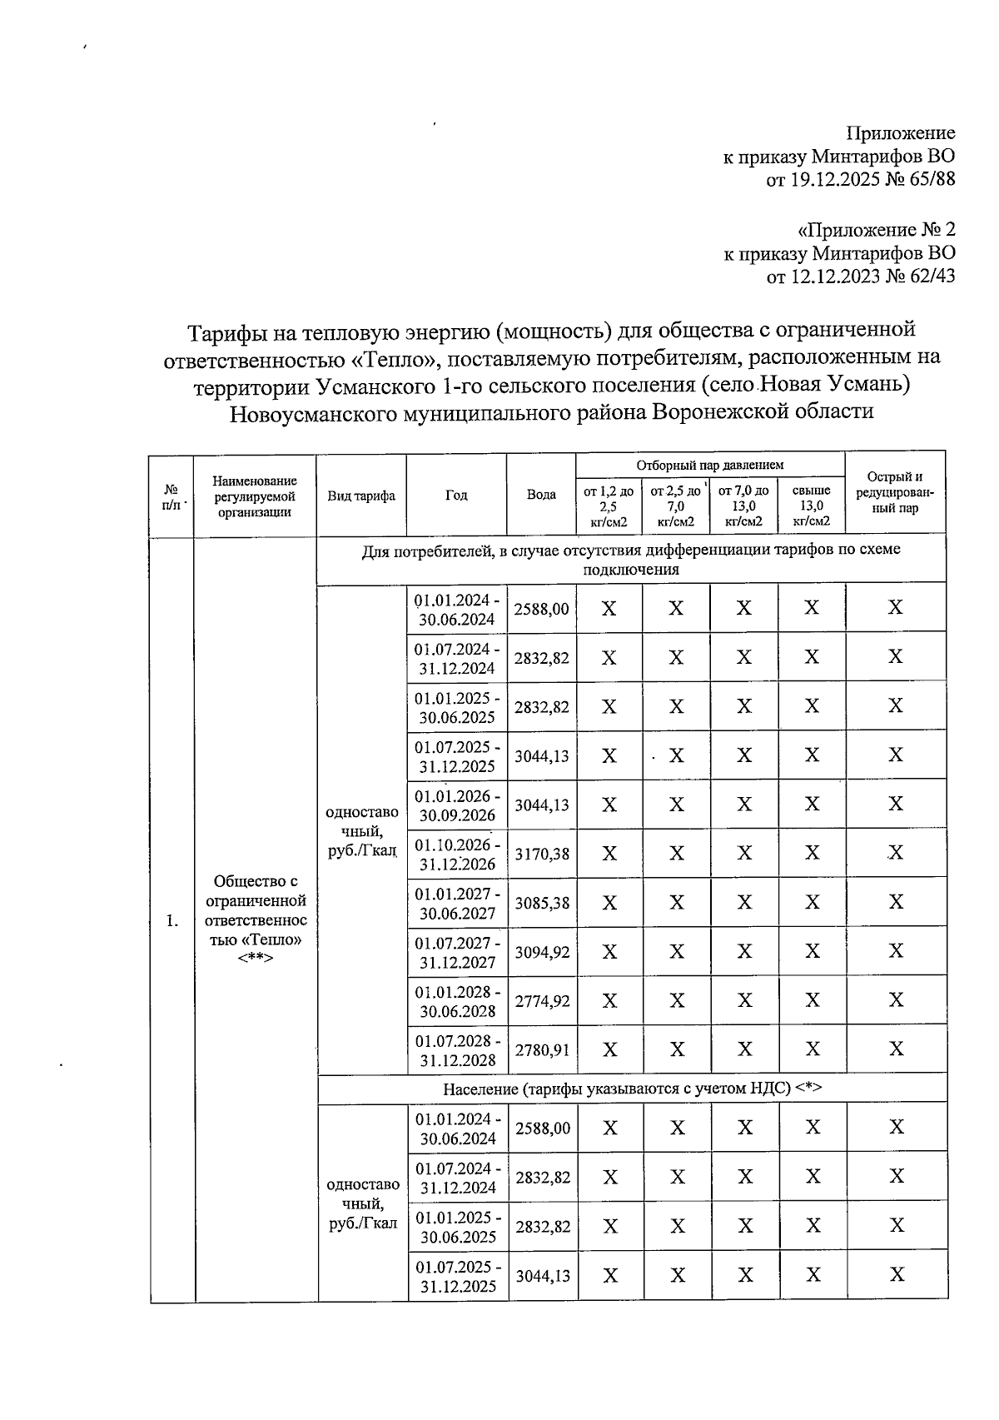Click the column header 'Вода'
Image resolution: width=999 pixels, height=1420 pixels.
click(541, 495)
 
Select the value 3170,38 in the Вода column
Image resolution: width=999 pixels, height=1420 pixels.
click(541, 854)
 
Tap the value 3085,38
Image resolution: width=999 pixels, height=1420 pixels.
click(541, 902)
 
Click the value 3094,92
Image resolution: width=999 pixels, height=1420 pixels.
click(541, 951)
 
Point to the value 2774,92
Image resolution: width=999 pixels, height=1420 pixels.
click(541, 1000)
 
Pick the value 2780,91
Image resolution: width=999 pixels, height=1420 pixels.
click(541, 1049)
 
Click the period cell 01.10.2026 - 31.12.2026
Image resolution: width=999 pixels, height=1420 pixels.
click(457, 854)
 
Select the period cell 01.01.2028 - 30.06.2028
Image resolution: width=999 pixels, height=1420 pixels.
click(457, 1000)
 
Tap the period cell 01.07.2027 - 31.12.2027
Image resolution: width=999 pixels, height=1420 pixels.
click(457, 951)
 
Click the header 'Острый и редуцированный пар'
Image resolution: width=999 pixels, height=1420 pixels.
click(895, 492)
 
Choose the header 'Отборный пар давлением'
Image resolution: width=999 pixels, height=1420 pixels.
click(710, 465)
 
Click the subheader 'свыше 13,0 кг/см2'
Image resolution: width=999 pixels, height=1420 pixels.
click(812, 506)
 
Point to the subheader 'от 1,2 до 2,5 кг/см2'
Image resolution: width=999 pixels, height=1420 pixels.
click(608, 506)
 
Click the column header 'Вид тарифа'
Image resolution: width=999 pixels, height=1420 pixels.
click(361, 495)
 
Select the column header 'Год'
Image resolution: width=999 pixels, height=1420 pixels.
click(456, 495)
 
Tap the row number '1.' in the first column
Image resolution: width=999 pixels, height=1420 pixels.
click(171, 920)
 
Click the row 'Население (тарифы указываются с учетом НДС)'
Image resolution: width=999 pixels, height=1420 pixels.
click(632, 1089)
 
